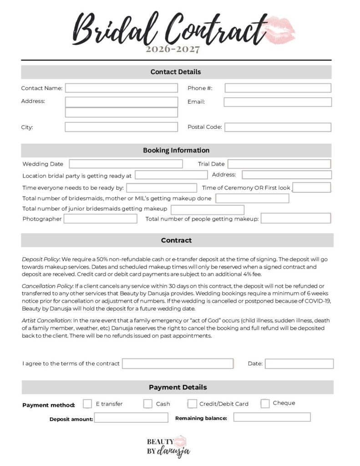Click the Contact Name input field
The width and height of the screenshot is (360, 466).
[121, 88]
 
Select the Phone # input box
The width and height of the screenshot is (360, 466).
[278, 88]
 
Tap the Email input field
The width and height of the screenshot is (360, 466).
[278, 102]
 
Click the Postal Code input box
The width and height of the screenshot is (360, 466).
[278, 127]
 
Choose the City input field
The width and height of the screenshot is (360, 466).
[121, 127]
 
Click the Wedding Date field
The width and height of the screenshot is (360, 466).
[126, 164]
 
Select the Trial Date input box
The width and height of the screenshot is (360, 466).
[279, 164]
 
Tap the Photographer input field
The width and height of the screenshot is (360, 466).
[100, 219]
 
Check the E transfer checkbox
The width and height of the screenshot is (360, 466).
[87, 404]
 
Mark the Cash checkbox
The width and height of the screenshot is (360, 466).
[148, 404]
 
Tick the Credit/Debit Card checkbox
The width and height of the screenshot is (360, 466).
[192, 404]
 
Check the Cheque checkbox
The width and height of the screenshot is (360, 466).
[265, 403]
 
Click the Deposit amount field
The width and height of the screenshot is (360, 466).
[131, 418]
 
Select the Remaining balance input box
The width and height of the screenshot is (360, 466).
[272, 417]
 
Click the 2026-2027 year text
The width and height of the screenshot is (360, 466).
[172, 49]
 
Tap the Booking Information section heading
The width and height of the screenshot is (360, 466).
[176, 150]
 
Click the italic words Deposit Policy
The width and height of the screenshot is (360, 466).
[41, 259]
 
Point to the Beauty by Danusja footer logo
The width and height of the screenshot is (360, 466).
[167, 446]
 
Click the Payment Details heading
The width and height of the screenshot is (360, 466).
[177, 387]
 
